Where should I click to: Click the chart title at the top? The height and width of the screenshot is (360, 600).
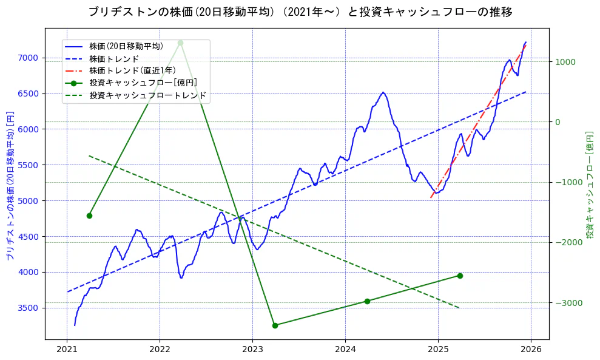click(x=300, y=12)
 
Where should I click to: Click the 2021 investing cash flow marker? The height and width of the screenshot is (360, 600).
click(x=89, y=216)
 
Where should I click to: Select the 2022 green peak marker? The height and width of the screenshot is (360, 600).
click(x=180, y=42)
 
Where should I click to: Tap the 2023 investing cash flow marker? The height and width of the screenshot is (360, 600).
click(x=275, y=325)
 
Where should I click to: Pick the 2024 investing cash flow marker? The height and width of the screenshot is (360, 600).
click(x=367, y=301)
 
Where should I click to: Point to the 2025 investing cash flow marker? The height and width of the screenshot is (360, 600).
click(x=460, y=276)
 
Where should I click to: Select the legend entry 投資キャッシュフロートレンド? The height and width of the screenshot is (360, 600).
click(x=147, y=95)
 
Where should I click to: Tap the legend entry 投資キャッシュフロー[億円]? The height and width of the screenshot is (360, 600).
click(x=143, y=83)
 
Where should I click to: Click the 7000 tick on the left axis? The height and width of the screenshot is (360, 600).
click(x=28, y=58)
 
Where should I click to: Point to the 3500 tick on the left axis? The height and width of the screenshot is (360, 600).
click(x=28, y=308)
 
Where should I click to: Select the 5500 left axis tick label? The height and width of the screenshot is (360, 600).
click(x=28, y=165)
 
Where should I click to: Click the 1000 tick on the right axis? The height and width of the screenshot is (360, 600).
click(x=565, y=62)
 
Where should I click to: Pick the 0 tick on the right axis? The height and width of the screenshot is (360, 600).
click(x=558, y=122)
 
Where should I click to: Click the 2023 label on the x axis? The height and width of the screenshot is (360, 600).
click(x=252, y=349)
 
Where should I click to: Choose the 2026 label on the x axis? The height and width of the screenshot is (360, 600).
click(x=531, y=349)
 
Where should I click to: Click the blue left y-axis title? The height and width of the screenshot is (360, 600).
click(x=10, y=186)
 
